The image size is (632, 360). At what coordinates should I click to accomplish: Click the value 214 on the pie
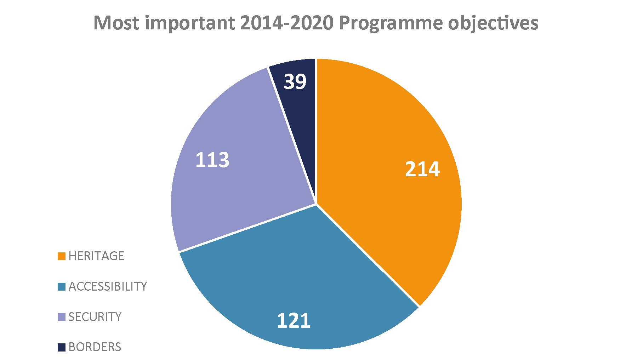coord(422,169)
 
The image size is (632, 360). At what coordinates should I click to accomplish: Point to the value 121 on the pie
coord(294,321)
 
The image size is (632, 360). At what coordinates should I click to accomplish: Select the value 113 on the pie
coord(212,160)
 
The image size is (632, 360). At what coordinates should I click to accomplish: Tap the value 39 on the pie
coord(295,81)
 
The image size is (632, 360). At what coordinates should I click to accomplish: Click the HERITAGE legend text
coord(96,256)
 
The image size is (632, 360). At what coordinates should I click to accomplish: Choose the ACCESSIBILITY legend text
coord(108,286)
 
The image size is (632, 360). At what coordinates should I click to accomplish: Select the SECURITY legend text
coord(95,317)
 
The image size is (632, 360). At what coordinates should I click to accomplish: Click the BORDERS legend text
coord(95,347)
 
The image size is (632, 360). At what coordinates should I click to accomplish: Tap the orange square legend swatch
coord(62,256)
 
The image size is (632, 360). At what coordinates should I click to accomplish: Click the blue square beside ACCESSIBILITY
coord(62,287)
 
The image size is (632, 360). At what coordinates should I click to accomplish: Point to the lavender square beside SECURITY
coord(62,317)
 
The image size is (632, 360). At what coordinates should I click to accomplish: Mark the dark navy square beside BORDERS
coord(62,347)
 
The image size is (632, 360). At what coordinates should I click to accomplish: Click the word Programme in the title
coord(391,23)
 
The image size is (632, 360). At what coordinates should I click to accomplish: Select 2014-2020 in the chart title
coord(287,23)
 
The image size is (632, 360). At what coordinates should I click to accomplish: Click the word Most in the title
coord(116,23)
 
